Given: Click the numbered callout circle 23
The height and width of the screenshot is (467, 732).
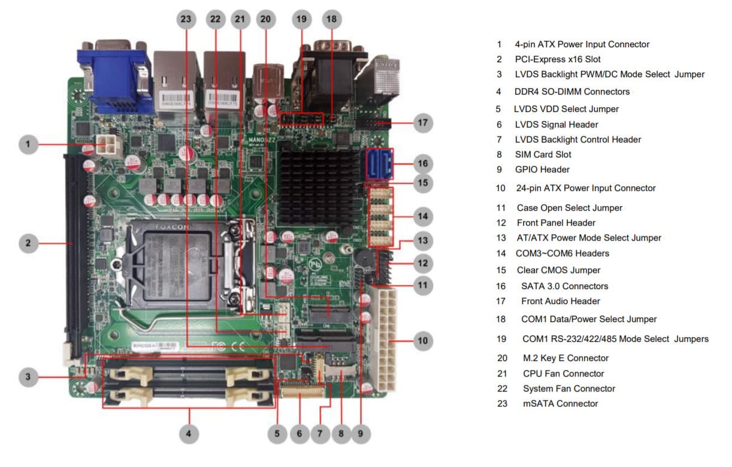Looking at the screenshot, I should point(186,19).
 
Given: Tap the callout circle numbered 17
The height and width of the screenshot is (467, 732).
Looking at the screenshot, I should point(423,123).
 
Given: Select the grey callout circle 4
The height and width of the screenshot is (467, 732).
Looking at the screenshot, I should point(189,434).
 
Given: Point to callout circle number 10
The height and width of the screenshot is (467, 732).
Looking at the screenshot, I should point(423,341).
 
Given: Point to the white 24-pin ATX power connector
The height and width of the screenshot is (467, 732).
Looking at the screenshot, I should point(383,338).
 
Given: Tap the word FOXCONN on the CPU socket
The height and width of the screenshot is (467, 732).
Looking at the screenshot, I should point(174,228).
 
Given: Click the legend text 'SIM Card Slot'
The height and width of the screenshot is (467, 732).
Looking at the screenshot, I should point(543,154).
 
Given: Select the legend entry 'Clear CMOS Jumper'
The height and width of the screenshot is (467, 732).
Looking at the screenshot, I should point(558,270).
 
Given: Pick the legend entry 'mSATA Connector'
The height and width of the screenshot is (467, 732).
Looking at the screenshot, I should point(560,404).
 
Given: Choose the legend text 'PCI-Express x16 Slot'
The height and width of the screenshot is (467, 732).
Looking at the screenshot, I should point(557,59).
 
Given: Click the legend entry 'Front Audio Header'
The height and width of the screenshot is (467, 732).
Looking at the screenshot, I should point(560,301).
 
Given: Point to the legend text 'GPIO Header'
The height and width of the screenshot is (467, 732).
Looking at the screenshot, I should point(542,169).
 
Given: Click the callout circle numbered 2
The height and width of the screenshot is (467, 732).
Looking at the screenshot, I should point(28,243).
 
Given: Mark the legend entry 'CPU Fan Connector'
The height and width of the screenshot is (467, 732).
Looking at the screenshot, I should point(563,374).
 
